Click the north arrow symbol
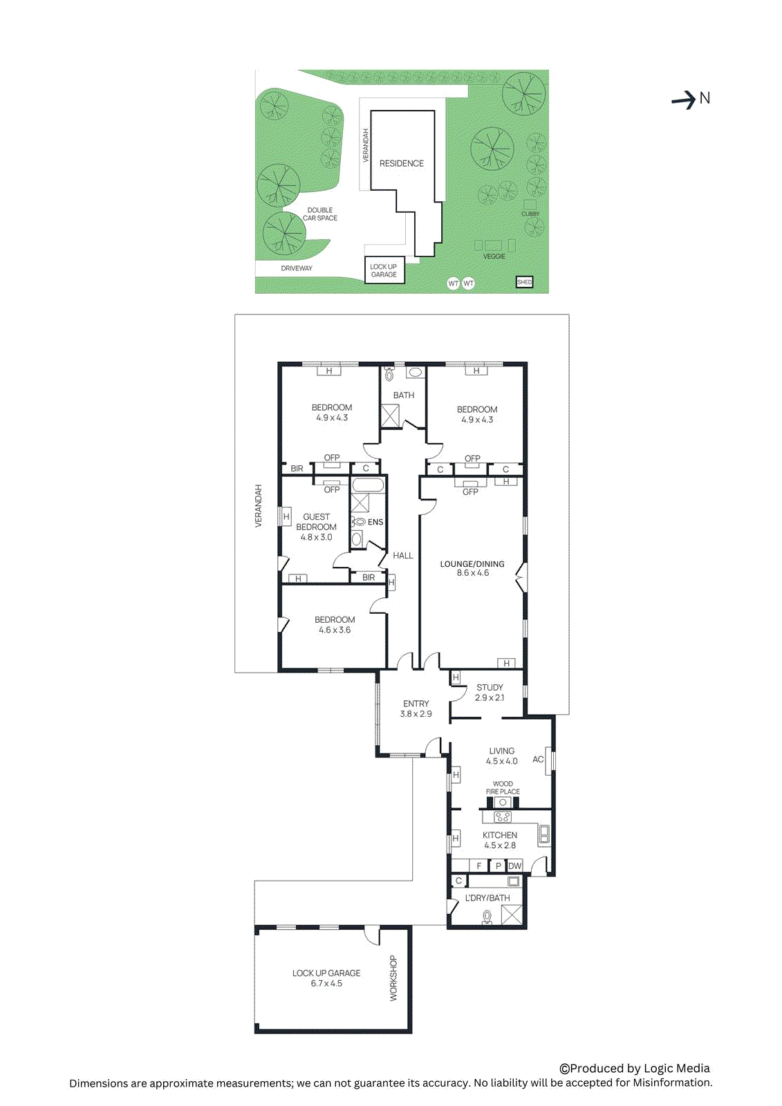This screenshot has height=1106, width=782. (x=684, y=100)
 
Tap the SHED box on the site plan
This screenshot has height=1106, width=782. (x=525, y=282)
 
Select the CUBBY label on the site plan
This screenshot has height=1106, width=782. (x=530, y=214)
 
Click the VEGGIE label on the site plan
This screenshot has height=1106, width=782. (x=494, y=256)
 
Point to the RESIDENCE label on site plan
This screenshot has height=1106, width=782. (x=401, y=164)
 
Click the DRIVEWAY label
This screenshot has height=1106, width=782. (x=297, y=268)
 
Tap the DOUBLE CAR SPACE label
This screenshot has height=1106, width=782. (x=320, y=214)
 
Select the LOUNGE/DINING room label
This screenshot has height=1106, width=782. (x=472, y=564)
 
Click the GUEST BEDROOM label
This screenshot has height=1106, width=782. (x=317, y=522)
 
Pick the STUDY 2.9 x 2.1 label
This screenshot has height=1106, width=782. (x=490, y=693)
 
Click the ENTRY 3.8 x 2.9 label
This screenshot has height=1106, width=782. (x=416, y=709)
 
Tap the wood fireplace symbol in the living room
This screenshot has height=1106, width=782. (x=503, y=803)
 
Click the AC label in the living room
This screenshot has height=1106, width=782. (x=538, y=759)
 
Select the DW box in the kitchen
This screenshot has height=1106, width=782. (x=515, y=866)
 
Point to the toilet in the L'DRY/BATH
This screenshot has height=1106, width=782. (x=487, y=917)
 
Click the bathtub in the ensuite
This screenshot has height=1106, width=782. (x=367, y=484)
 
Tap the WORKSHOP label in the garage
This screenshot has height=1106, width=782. (x=393, y=978)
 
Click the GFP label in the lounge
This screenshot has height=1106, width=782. (x=470, y=492)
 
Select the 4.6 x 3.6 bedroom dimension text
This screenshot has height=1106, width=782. (x=335, y=630)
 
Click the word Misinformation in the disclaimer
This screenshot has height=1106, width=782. (x=671, y=1083)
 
